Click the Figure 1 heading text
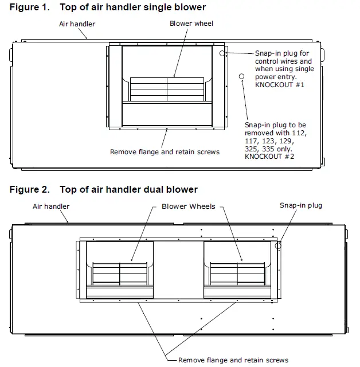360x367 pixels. click(x=108, y=7)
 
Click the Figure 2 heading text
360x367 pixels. click(x=104, y=189)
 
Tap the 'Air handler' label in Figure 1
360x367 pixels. click(x=77, y=24)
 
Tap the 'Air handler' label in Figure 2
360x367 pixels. click(x=51, y=206)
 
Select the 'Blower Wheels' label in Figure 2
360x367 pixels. click(x=189, y=206)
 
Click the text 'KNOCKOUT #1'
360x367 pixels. click(x=279, y=84)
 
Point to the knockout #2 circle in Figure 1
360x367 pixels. click(x=241, y=76)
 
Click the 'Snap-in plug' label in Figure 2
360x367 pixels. click(x=301, y=205)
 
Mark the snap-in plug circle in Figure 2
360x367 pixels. click(x=279, y=245)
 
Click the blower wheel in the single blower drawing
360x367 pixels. click(x=167, y=89)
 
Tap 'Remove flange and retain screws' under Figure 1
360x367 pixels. click(x=165, y=152)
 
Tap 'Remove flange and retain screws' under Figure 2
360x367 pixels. click(x=233, y=360)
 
